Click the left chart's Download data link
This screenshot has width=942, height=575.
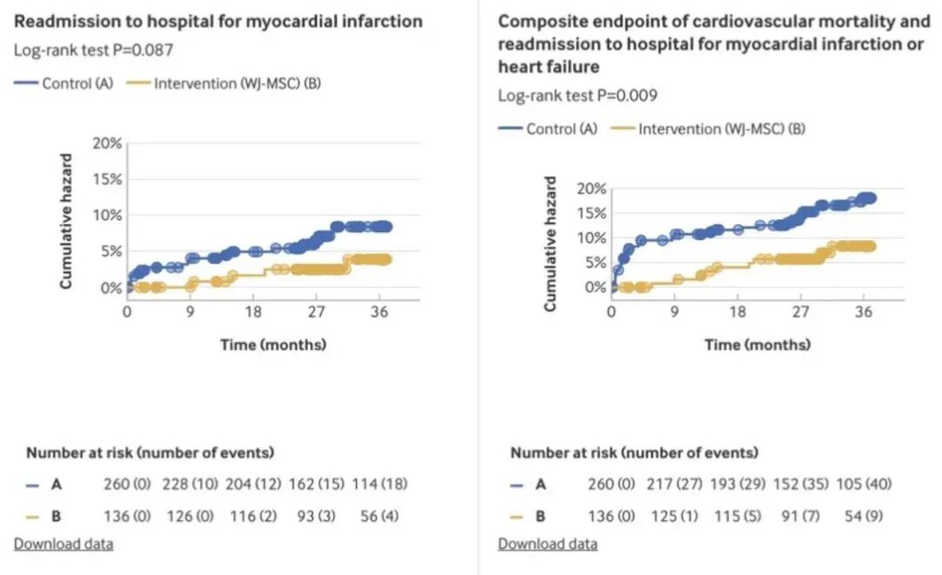pos(63,544)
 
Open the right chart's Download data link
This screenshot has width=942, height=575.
pos(548,544)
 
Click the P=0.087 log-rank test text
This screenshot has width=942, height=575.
pos(92,50)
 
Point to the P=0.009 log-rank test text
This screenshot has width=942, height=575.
pos(577,95)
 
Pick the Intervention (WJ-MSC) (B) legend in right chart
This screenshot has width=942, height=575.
pos(708,129)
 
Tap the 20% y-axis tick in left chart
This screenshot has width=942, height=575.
pos(108,143)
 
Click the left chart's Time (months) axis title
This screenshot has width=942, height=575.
pos(273,344)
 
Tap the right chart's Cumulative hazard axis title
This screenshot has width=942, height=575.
pos(550,244)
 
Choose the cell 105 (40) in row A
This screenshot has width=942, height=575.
pos(863,483)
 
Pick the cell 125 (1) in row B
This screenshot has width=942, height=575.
pos(673,516)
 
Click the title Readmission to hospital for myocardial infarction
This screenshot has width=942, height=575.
pos(218,21)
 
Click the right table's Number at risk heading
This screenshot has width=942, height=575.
pos(634,453)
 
